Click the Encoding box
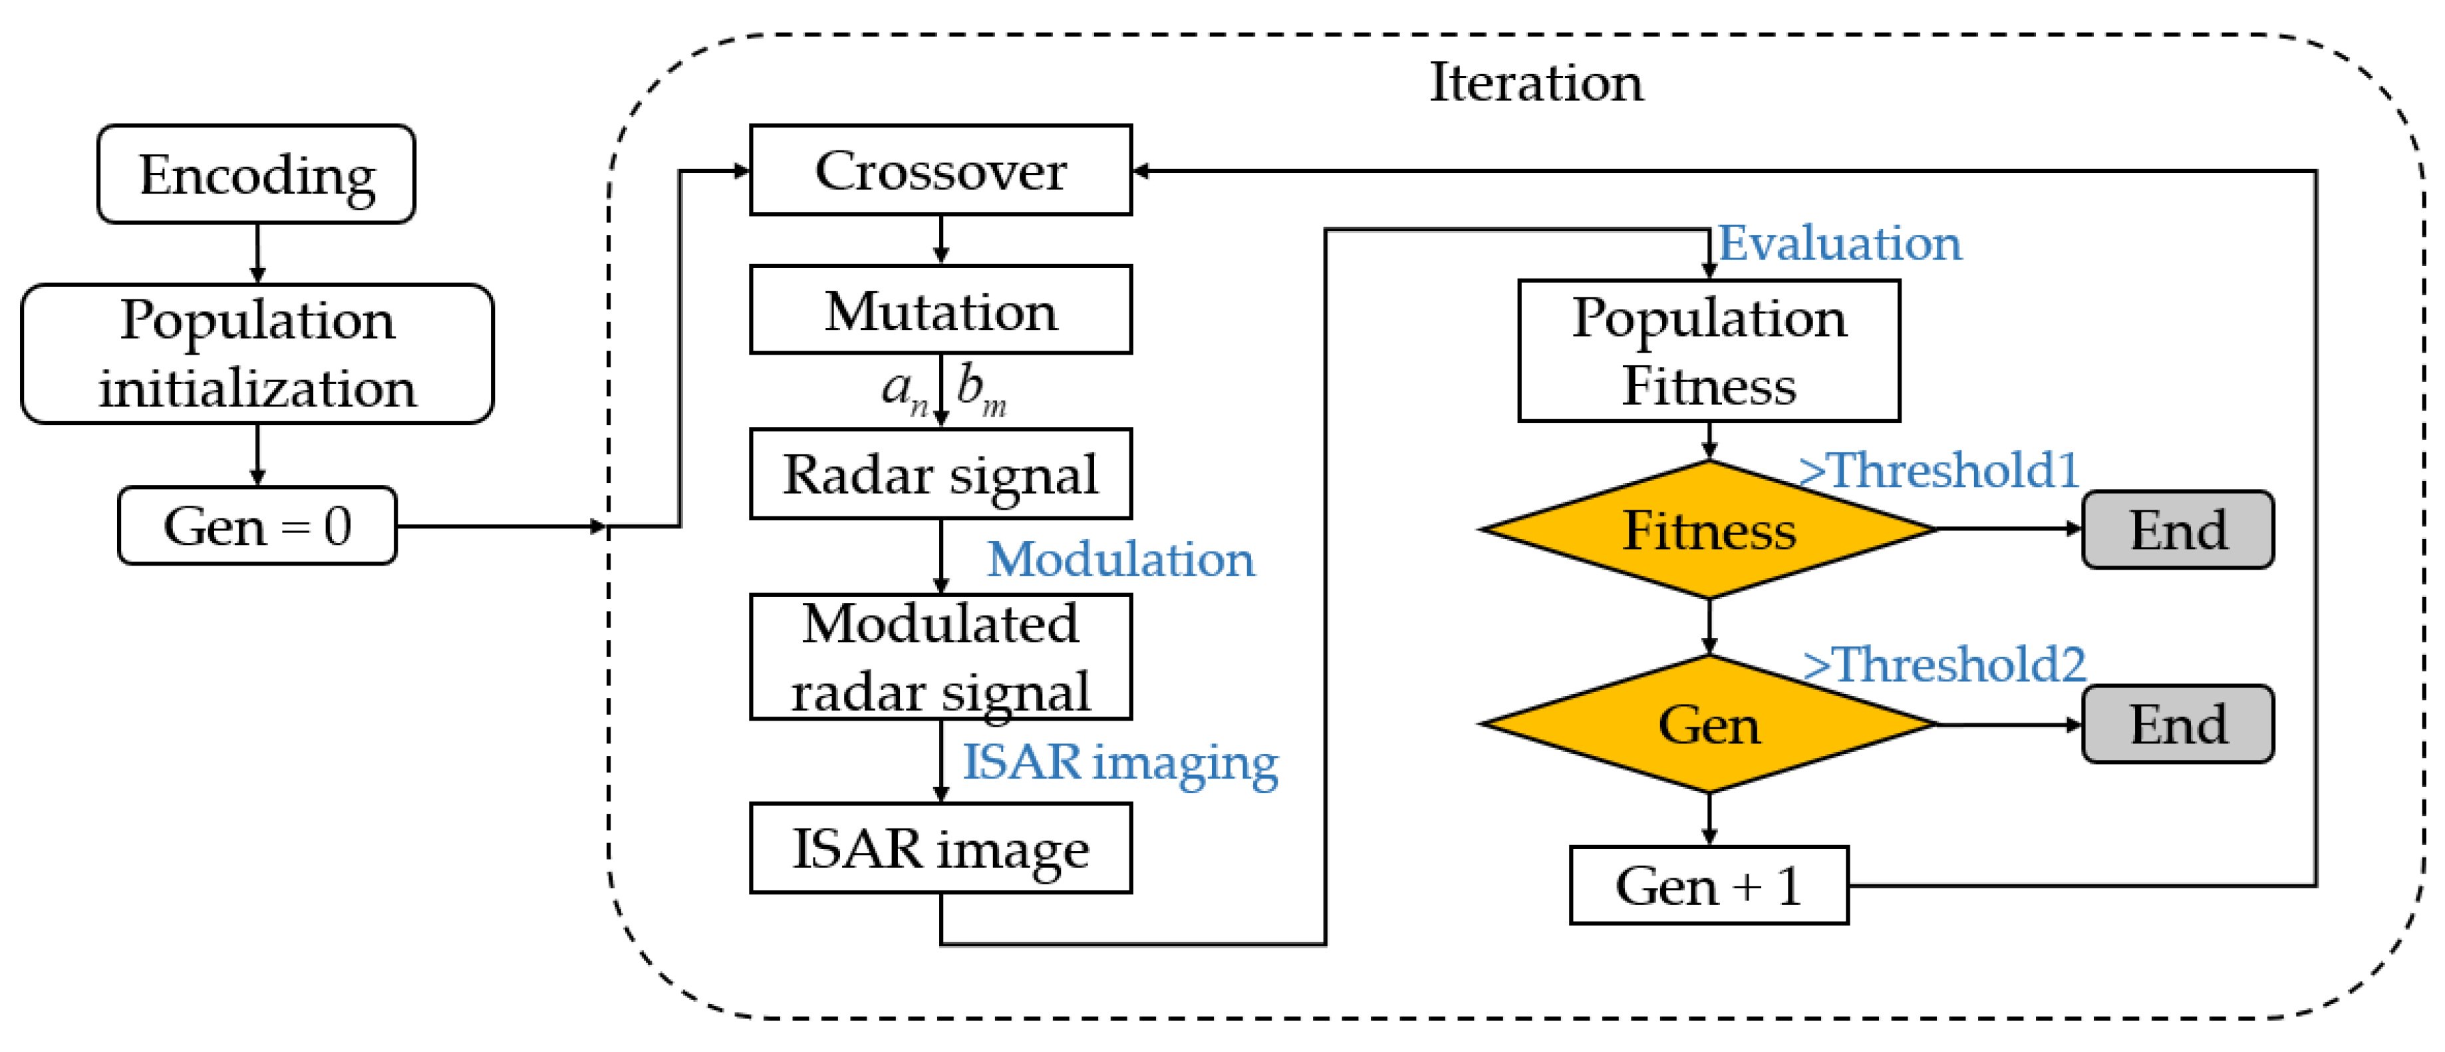[256, 175]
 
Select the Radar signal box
[940, 474]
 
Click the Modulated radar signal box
[940, 657]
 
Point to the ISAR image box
[940, 848]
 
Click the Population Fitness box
[1709, 351]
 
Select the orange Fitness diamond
[1709, 530]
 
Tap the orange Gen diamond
[1709, 725]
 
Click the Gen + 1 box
[1709, 886]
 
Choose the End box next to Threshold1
[2178, 530]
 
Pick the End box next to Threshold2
[2178, 725]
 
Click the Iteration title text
[1536, 83]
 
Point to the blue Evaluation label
[1840, 243]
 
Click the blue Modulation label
[1120, 559]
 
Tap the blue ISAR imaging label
[1120, 763]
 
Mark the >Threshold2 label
[1944, 663]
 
